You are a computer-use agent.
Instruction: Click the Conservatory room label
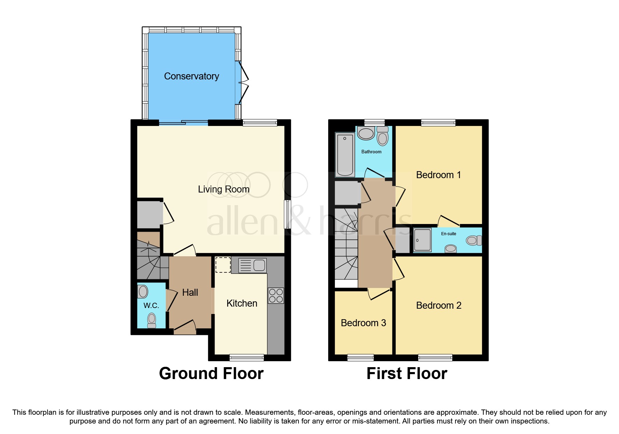pos(192,76)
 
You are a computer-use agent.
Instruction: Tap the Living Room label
pos(224,189)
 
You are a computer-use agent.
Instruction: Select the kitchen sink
pos(252,266)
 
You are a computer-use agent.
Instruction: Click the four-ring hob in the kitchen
pos(276,295)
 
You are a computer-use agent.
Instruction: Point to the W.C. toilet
pos(152,320)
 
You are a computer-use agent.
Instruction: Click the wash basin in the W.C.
pos(143,292)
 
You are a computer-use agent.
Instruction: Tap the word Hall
pos(190,293)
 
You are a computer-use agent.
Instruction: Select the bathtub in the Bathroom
pos(345,154)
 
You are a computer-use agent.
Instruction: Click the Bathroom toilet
pos(383,136)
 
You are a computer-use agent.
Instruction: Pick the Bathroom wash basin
pos(366,133)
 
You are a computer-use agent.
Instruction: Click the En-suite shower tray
pos(422,240)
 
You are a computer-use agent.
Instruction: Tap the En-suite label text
pos(448,234)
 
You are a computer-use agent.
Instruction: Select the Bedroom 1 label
pos(438,175)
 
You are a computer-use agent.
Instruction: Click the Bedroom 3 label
pos(363,323)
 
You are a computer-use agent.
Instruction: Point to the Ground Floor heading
pos(211,373)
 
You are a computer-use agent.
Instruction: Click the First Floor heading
pos(407,373)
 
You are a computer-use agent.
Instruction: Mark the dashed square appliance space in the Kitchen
pos(223,265)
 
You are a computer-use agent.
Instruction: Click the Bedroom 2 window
pos(435,357)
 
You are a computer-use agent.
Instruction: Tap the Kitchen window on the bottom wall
pos(247,357)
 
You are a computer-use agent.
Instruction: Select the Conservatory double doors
pos(243,83)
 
